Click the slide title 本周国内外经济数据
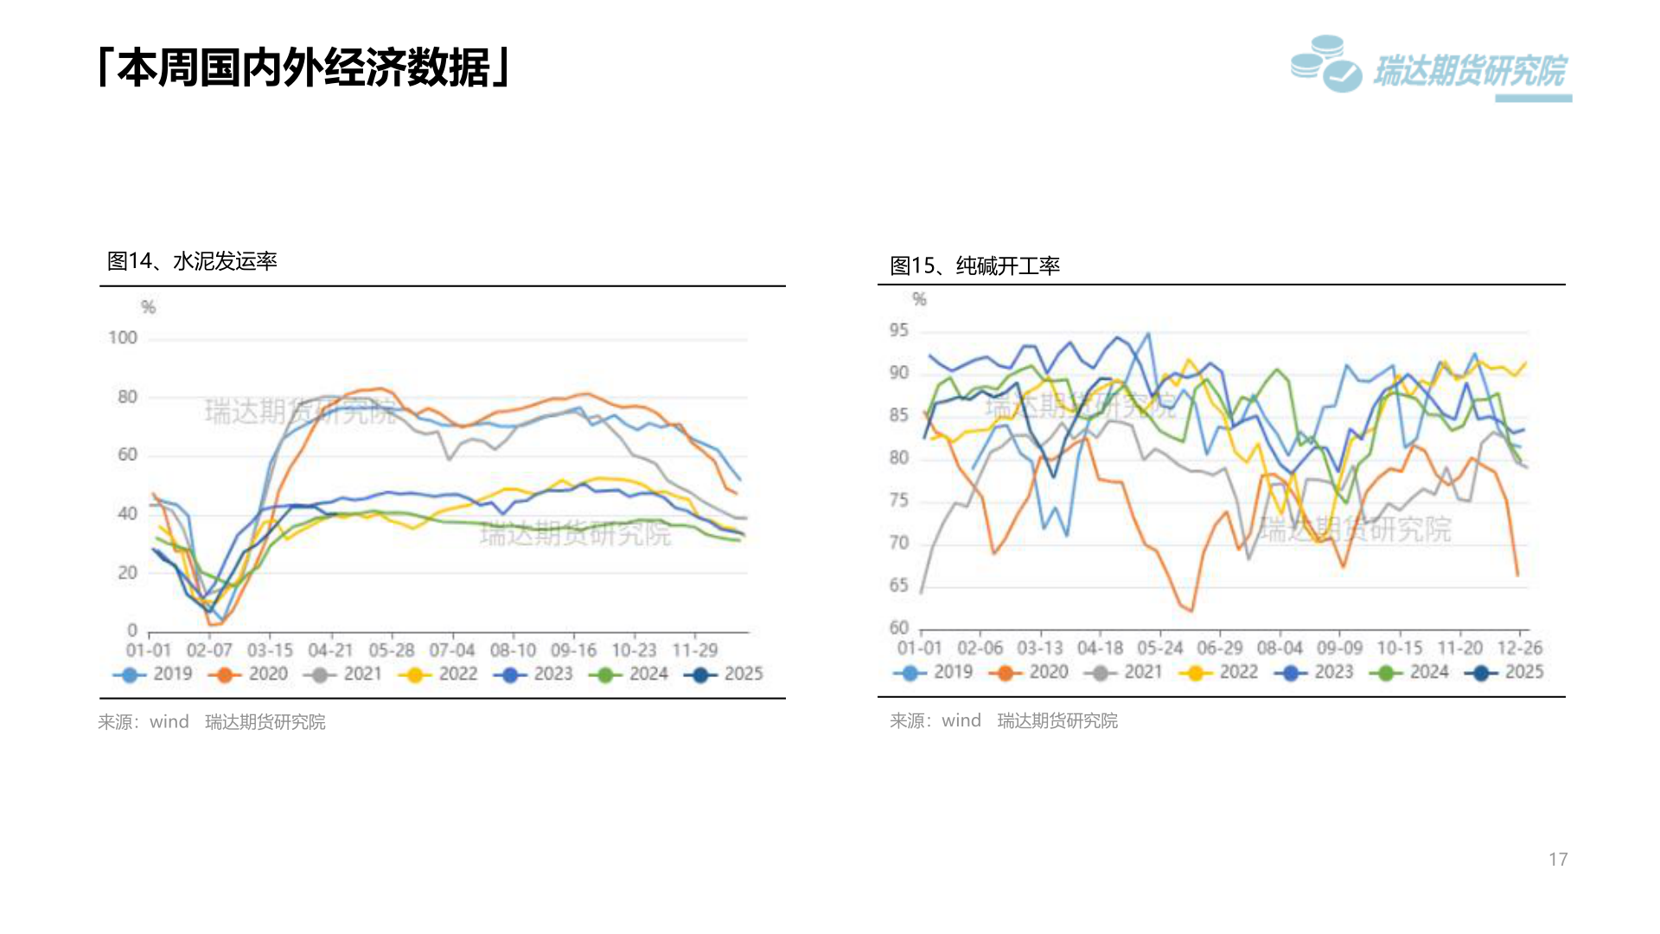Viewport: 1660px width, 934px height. pos(304,67)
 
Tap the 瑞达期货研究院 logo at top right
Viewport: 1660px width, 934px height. pos(1431,67)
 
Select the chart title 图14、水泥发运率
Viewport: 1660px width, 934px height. pos(192,261)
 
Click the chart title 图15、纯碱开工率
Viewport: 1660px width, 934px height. pos(975,265)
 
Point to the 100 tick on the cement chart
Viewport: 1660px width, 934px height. pos(123,337)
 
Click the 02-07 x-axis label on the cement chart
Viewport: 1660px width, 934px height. pos(209,649)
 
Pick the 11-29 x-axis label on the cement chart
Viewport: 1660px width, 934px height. pos(695,649)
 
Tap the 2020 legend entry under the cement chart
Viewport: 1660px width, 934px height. pos(251,674)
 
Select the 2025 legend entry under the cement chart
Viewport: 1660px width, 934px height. pos(726,674)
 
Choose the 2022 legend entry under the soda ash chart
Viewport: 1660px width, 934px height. pos(1221,672)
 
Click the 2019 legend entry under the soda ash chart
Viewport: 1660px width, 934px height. pos(935,672)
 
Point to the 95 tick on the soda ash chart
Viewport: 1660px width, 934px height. pos(899,330)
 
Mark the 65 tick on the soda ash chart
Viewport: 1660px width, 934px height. pos(899,585)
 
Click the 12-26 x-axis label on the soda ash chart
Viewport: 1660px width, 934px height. pos(1520,648)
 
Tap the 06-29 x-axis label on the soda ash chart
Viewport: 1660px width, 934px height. pos(1220,648)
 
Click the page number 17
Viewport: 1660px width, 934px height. pos(1558,859)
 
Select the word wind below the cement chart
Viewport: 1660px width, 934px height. pos(169,721)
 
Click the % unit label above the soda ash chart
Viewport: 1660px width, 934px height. pos(919,299)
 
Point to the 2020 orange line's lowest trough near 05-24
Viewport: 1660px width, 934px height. pos(1191,611)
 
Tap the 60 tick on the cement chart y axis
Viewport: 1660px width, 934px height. pos(127,455)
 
